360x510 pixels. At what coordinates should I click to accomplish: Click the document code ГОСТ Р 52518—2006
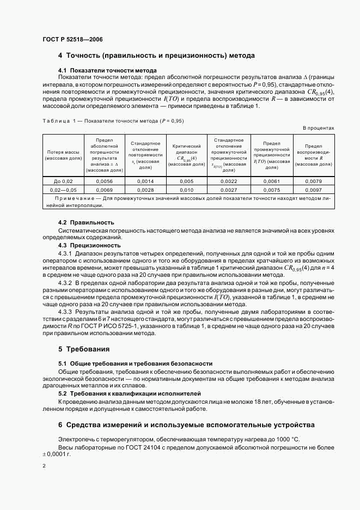tap(72, 40)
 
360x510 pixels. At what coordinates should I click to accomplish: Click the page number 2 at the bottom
tap(44, 466)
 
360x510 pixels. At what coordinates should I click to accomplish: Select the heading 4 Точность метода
tap(156, 56)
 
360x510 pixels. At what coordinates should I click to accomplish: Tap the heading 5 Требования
tap(84, 349)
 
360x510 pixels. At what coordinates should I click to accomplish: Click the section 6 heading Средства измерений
tap(186, 424)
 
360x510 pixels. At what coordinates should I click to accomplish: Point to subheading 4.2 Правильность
tap(86, 222)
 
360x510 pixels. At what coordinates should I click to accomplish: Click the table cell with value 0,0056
tap(104, 181)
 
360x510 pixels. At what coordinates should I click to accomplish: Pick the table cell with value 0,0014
tap(145, 181)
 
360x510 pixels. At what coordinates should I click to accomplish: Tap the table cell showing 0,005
tap(186, 181)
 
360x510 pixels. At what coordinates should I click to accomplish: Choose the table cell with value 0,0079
tap(314, 181)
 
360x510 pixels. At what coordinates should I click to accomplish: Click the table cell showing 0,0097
tap(314, 190)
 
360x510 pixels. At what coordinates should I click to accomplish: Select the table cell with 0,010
tap(186, 190)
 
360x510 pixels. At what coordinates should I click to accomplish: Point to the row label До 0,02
tap(63, 181)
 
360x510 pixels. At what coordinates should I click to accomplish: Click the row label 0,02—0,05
tap(63, 190)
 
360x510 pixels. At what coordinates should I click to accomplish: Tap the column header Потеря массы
tap(63, 155)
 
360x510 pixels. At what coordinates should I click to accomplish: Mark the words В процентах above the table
tap(318, 127)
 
